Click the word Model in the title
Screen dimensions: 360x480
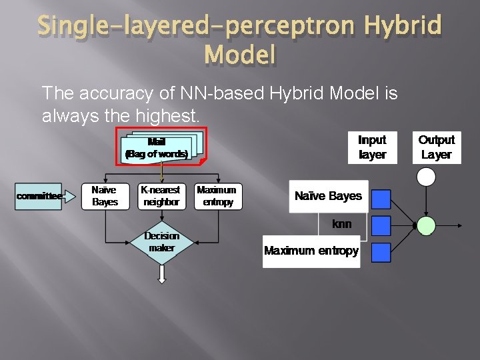coord(240,55)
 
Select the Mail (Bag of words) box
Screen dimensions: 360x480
coord(157,148)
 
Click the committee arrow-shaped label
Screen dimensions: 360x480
coord(39,195)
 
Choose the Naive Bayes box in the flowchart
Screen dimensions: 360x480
coord(105,196)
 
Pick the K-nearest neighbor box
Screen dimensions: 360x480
coord(160,196)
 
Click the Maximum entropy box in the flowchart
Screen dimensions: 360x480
coord(216,196)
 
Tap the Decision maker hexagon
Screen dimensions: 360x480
coord(161,243)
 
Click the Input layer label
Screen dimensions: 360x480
coord(372,147)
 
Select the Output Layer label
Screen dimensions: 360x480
coord(436,147)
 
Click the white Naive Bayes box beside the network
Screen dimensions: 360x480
coord(328,196)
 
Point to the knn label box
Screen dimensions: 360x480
coord(342,225)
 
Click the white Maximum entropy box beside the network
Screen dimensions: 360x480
coord(311,251)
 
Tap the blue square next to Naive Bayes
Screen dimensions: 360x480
coord(381,199)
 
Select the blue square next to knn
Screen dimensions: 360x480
coord(381,225)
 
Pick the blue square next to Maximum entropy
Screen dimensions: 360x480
coord(381,252)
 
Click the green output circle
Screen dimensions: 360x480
coord(425,225)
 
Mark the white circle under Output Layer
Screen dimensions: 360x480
coord(425,177)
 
